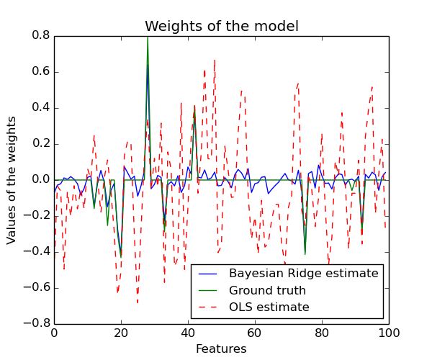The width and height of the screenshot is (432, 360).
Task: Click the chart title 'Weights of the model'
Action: click(221, 27)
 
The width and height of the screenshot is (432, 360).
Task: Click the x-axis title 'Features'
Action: click(221, 349)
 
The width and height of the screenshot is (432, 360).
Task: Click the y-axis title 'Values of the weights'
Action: click(12, 180)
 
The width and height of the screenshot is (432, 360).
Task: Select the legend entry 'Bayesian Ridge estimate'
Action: click(303, 274)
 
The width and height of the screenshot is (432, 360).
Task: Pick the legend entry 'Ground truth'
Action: click(267, 291)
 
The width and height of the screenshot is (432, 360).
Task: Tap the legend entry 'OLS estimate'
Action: click(269, 307)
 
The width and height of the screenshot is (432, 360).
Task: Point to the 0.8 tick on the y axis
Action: click(41, 36)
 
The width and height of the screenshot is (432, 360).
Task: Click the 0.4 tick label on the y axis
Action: click(41, 108)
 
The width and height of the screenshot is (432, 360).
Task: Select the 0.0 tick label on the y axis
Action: click(41, 180)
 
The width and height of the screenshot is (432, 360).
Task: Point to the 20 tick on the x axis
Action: click(121, 333)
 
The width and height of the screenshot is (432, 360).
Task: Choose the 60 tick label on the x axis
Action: click(255, 333)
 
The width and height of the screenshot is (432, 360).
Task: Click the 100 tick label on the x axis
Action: click(389, 333)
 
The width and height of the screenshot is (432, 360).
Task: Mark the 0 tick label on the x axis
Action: click(54, 333)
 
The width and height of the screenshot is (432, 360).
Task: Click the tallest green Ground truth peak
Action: click(148, 38)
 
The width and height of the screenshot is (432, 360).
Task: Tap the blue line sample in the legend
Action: click(209, 274)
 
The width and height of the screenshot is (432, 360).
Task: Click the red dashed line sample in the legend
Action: click(209, 307)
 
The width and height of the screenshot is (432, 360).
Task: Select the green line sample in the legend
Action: click(209, 291)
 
